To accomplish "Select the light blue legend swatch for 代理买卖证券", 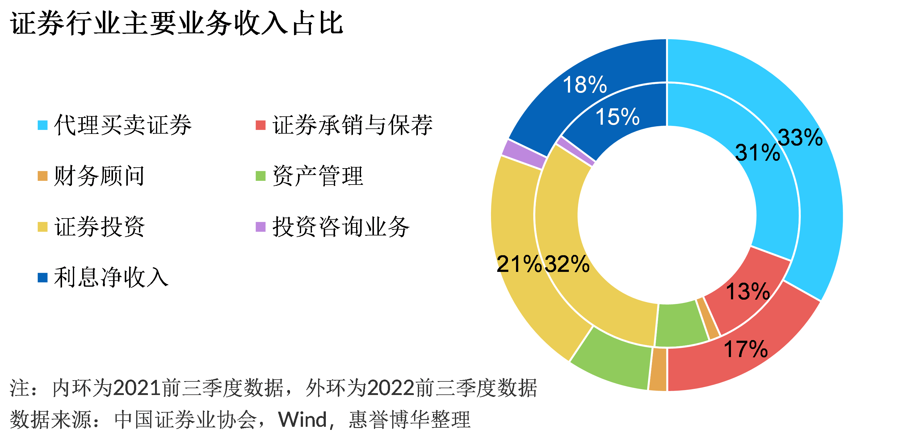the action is tap(42, 125).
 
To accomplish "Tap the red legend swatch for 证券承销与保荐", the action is tap(261, 125).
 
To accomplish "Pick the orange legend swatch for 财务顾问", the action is tap(42, 176).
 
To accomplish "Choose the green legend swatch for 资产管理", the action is tap(261, 176).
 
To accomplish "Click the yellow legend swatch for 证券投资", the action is tap(42, 227).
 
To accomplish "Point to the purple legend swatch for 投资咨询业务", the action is tap(261, 227).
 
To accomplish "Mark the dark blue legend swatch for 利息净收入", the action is tap(42, 278).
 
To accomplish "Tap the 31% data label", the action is tap(758, 153).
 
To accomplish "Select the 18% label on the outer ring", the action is tap(585, 85).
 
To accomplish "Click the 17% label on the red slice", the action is tap(746, 349).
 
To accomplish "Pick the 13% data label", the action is tap(748, 292).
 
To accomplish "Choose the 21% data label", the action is tap(519, 264).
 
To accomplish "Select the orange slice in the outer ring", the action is tap(658, 369).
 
